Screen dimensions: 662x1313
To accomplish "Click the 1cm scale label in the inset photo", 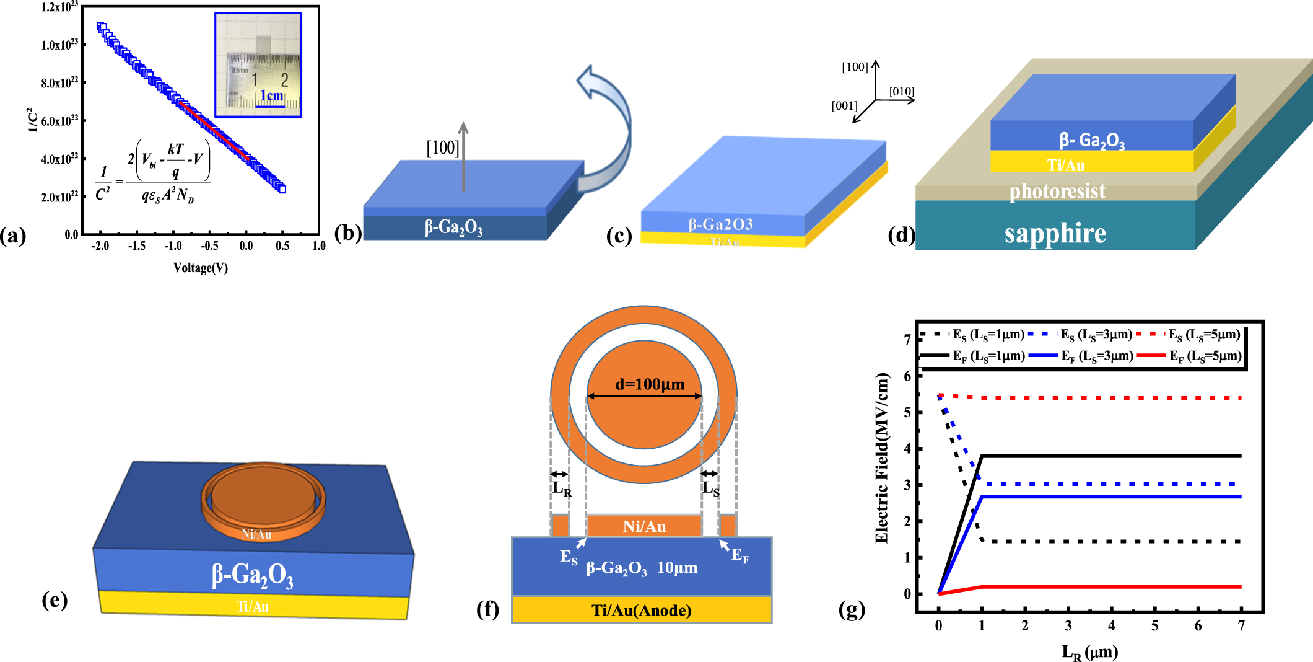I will click(x=271, y=95).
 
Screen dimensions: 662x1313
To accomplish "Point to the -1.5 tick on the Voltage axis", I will click(x=137, y=246).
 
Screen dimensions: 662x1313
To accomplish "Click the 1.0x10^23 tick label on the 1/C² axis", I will click(x=59, y=45).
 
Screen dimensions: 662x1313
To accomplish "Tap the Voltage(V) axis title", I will click(x=200, y=268).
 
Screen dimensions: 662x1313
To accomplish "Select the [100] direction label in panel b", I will click(x=442, y=148).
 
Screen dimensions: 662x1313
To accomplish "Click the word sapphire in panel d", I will click(x=1055, y=234).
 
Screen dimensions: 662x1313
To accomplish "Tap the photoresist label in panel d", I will click(x=1057, y=192).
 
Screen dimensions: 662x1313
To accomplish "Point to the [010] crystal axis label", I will click(x=901, y=92).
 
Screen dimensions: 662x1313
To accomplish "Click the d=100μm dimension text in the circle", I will click(x=649, y=384).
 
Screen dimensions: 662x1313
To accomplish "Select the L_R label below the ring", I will click(x=562, y=489).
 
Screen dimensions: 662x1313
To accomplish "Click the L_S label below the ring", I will click(x=710, y=489).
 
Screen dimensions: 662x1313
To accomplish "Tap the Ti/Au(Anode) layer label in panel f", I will click(x=641, y=611).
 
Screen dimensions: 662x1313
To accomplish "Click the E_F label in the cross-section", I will click(x=739, y=555).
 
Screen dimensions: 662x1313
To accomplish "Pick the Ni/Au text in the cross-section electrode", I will click(x=644, y=527).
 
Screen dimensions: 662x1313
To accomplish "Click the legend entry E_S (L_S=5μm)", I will click(x=1203, y=335).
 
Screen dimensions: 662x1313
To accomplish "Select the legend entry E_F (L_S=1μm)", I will click(x=988, y=356).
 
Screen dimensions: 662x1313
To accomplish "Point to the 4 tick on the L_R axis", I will click(x=1111, y=626).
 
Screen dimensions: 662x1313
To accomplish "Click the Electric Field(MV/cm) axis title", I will click(x=882, y=459).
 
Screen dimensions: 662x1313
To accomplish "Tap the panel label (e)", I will click(x=55, y=600).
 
